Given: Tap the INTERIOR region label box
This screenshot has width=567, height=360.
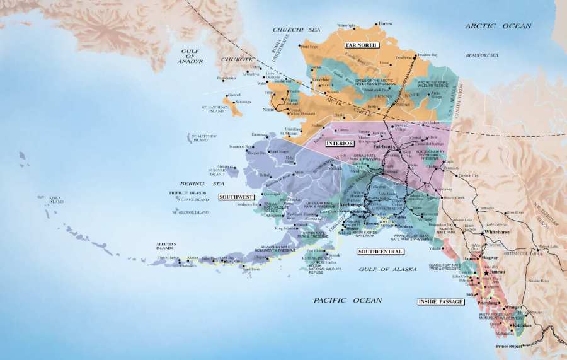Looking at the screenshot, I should point(340,144).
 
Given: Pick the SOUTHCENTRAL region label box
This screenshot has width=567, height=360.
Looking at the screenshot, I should point(380,252).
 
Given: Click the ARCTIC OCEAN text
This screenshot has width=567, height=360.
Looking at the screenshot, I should point(498,26).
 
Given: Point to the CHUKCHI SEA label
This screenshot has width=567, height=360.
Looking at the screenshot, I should point(297,30).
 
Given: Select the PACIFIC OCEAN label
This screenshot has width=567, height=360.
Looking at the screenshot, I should point(348,300).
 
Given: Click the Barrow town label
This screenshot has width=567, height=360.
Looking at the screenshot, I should point(386,23).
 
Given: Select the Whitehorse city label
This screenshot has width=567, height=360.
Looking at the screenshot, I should point(497,232).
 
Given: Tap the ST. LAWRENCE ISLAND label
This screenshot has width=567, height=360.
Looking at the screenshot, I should point(212,109).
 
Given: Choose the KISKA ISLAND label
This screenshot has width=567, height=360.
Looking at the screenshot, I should point(56,200).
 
